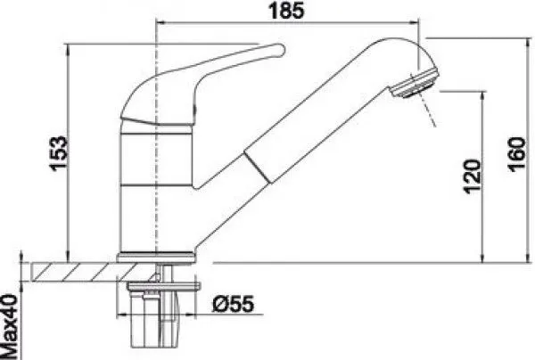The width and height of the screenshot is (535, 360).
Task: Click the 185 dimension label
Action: (x=286, y=11)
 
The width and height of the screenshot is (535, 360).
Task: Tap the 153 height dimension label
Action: (x=58, y=153)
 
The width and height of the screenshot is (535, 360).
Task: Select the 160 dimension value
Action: (x=516, y=154)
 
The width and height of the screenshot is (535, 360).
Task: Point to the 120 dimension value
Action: (x=473, y=176)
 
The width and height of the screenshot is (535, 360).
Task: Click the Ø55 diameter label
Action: (x=234, y=304)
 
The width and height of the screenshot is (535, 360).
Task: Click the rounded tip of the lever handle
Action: (x=281, y=49)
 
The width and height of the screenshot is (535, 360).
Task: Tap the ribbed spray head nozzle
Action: (x=415, y=82)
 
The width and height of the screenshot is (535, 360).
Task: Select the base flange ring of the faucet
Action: (x=157, y=257)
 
